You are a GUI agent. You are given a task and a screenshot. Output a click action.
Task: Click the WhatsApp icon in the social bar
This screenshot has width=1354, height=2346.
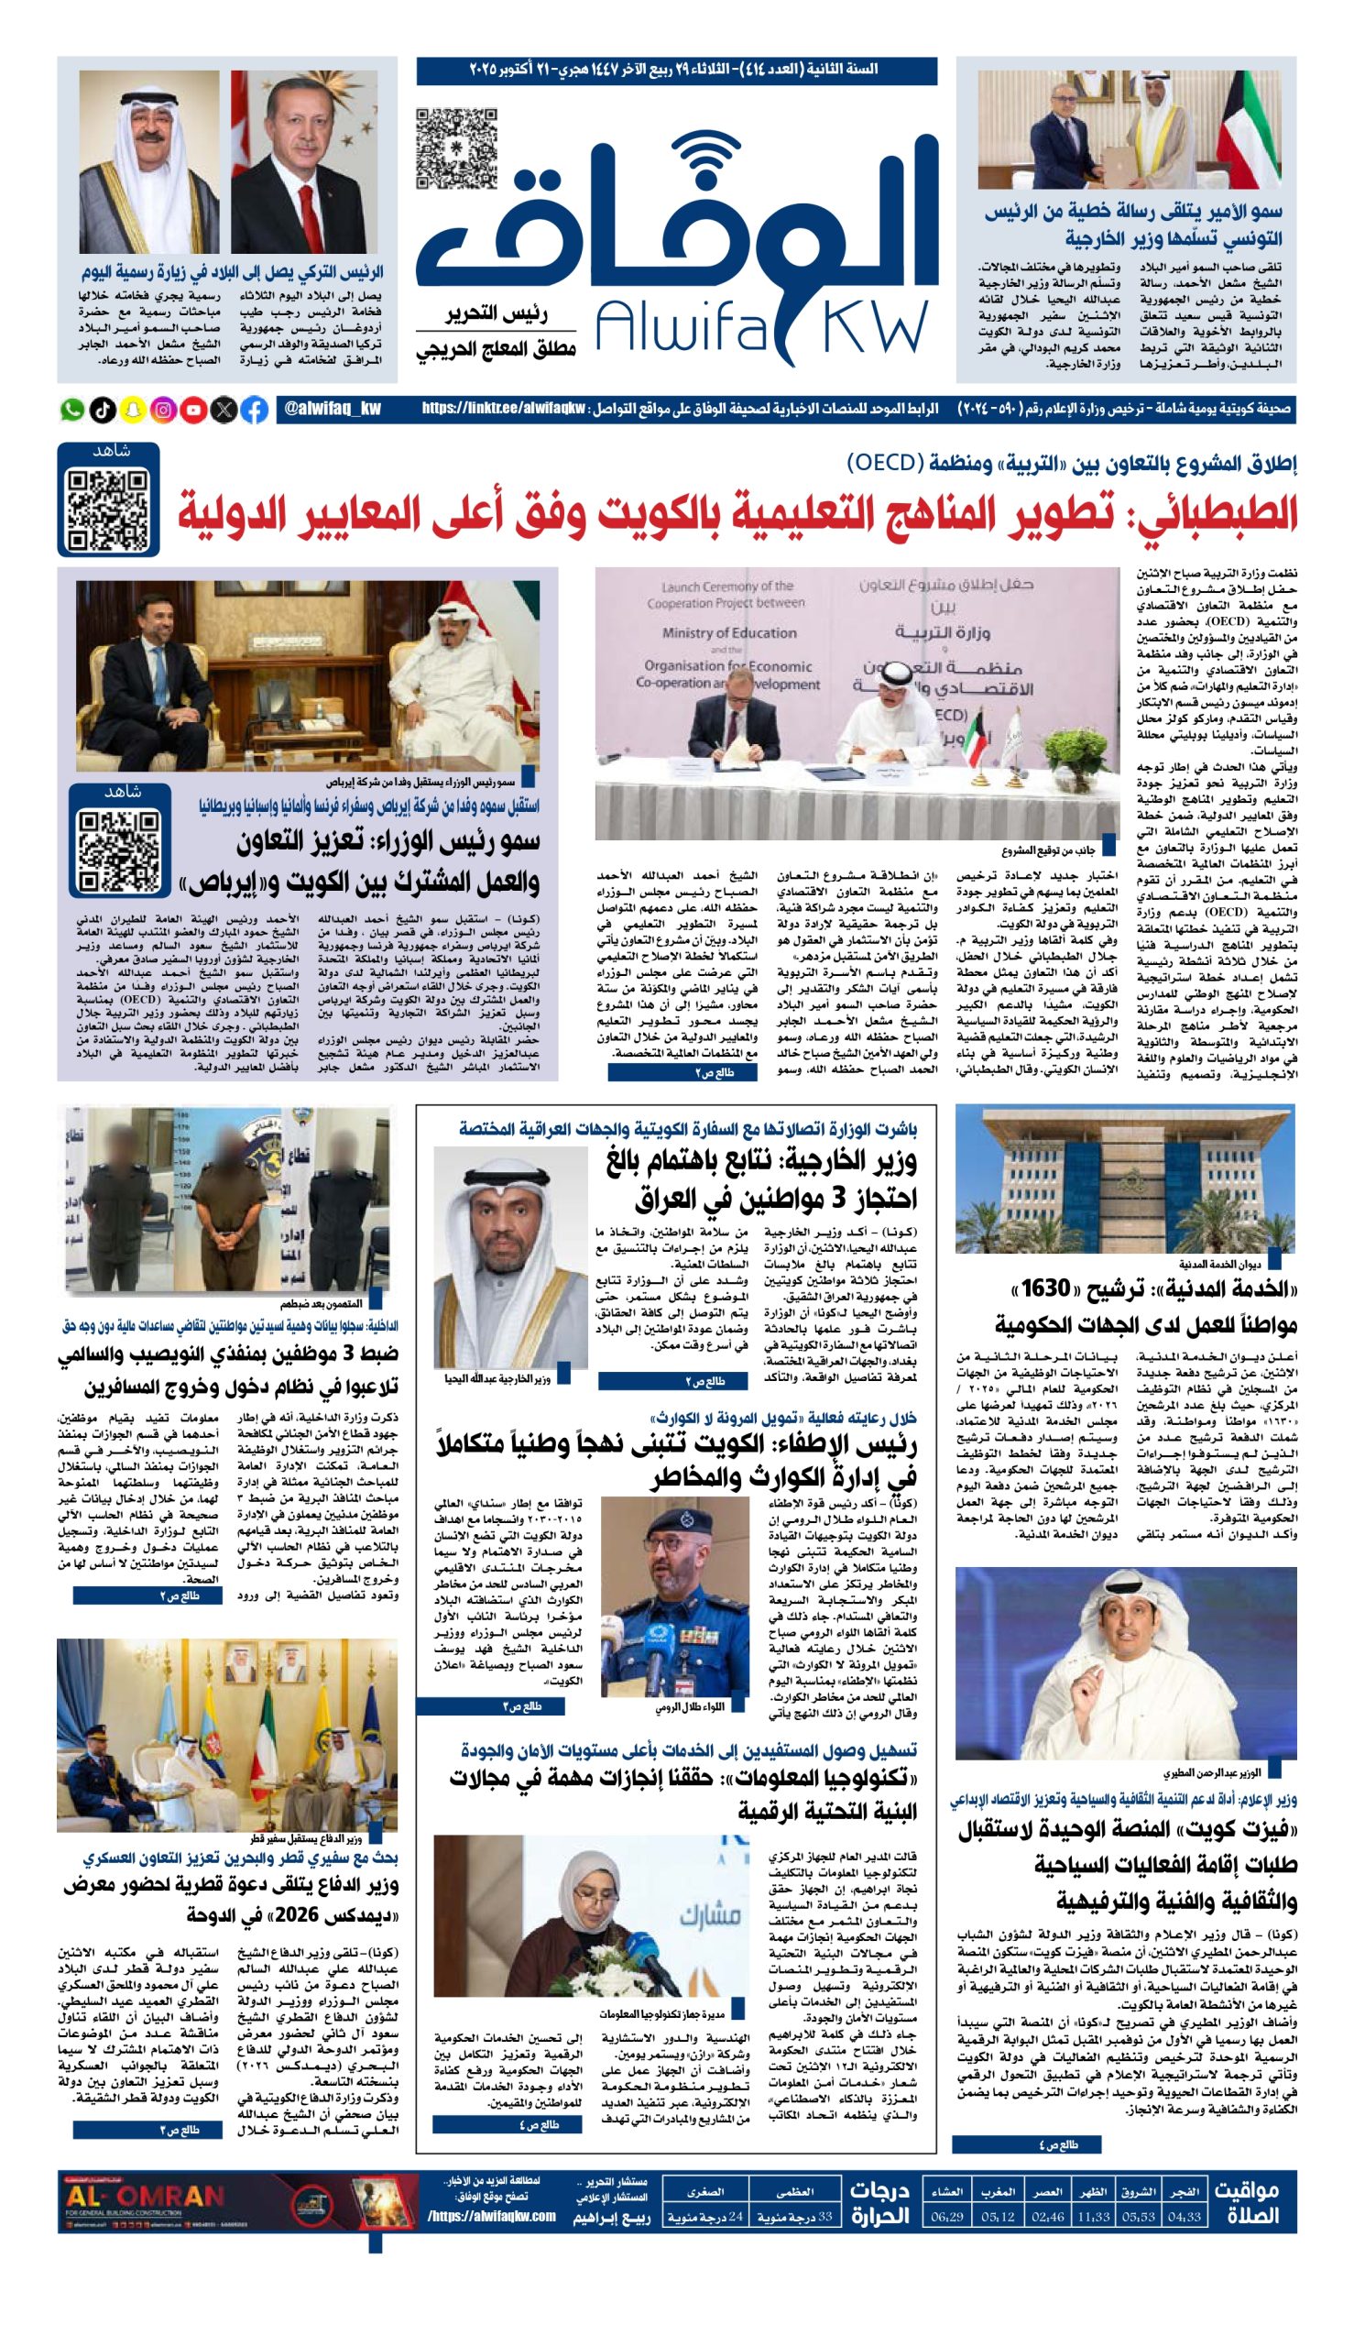click(71, 410)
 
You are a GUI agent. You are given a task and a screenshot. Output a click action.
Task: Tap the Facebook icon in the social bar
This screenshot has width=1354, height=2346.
click(255, 410)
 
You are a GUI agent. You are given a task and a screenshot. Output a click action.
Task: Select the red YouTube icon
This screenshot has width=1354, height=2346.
click(194, 410)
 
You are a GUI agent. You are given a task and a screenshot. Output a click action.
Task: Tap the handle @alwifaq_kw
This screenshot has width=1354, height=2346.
click(332, 410)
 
